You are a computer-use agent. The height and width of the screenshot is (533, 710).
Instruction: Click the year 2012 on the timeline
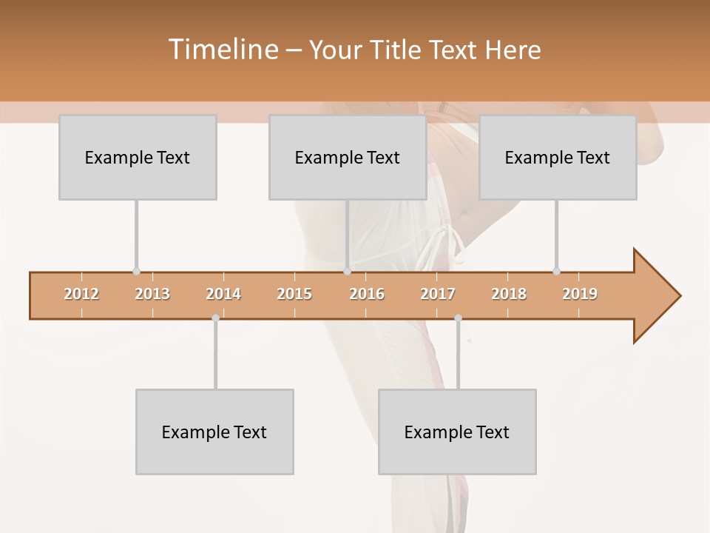coord(81,294)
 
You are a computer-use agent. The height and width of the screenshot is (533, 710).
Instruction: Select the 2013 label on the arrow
coord(152,294)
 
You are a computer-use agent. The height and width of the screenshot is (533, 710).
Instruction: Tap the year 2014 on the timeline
coord(223,294)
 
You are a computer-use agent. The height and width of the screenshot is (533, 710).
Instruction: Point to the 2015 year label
coord(294,294)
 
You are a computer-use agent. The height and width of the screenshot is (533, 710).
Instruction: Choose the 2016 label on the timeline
coord(367,294)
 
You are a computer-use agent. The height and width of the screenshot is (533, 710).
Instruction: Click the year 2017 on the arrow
coord(438,294)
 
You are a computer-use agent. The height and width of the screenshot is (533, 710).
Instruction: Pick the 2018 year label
coord(509,294)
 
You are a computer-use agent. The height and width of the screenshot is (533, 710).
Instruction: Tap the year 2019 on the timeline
coord(580,294)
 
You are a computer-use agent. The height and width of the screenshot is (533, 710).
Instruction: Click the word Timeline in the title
coord(221,50)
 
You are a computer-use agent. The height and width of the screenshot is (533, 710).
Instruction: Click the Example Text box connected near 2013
coord(138,157)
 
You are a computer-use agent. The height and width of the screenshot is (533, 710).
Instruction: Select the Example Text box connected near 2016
coord(348,157)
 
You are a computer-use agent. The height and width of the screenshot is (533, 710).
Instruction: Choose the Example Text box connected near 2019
coord(558,157)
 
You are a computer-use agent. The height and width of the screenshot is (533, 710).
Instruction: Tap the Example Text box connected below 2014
coord(214,432)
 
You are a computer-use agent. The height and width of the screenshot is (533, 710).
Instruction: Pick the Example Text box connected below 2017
coord(457,432)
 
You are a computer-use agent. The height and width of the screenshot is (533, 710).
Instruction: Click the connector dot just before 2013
coord(136,272)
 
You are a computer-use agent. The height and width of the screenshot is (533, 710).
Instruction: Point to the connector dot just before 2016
coord(347,272)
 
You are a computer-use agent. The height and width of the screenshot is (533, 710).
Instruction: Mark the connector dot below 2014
coord(215,318)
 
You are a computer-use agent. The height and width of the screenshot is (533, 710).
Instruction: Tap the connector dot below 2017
coord(458,318)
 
